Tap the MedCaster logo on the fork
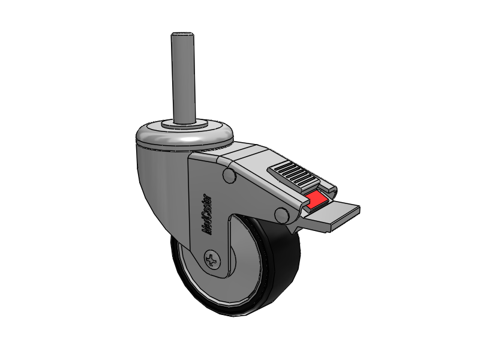(207, 214)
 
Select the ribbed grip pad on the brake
(292, 174)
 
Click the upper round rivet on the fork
(230, 175)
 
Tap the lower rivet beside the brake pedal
(282, 215)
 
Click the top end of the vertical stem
(183, 34)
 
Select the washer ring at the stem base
(184, 124)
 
